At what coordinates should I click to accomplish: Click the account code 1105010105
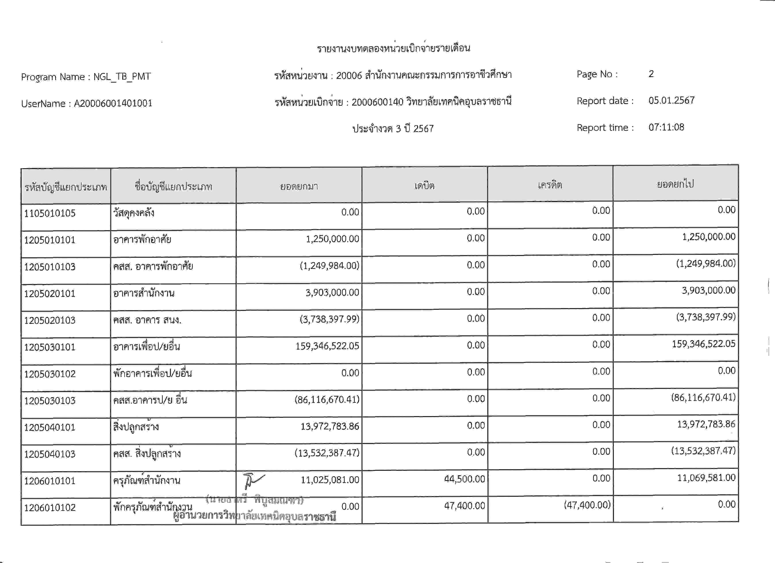pyautogui.click(x=50, y=213)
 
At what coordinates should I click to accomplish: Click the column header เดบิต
pyautogui.click(x=424, y=186)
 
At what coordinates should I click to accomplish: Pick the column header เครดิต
pyautogui.click(x=549, y=185)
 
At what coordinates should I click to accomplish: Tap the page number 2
pyautogui.click(x=651, y=74)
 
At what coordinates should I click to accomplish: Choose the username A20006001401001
pyautogui.click(x=113, y=103)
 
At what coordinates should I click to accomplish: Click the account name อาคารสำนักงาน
pyautogui.click(x=144, y=293)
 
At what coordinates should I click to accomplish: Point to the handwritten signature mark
pyautogui.click(x=253, y=480)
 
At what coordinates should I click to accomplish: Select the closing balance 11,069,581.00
pyautogui.click(x=706, y=478)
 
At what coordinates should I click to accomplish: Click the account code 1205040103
pyautogui.click(x=50, y=454)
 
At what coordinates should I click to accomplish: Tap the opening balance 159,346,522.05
pyautogui.click(x=327, y=346)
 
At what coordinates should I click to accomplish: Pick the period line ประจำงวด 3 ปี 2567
pyautogui.click(x=393, y=129)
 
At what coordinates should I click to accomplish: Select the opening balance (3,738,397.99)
pyautogui.click(x=329, y=319)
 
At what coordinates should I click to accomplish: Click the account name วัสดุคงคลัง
pyautogui.click(x=134, y=213)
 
